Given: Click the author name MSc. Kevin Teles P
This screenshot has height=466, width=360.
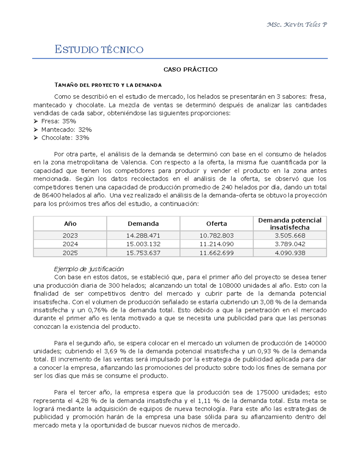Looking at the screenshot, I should tap(296, 25).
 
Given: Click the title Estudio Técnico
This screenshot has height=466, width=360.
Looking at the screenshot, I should tap(99, 50).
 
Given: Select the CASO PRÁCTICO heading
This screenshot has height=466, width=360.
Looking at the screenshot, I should tap(190, 70).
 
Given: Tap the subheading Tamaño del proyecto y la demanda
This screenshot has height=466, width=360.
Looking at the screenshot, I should tap(108, 85).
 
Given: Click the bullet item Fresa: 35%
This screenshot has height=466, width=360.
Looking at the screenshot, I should tap(58, 121).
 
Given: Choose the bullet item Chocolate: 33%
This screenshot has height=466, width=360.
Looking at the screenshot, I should tap(65, 138).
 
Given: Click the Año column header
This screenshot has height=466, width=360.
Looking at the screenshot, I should tap(70, 224).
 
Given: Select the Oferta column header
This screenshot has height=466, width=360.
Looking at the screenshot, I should tap(216, 224).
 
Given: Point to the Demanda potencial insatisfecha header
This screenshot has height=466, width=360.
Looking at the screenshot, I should tap(289, 224).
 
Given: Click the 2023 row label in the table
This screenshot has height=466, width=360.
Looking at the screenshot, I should tap(70, 236).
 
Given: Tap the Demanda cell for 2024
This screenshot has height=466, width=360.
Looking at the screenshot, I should tap(143, 244).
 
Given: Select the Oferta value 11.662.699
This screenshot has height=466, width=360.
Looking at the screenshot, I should tap(216, 253).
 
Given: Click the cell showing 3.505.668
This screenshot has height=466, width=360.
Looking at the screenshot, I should tap(289, 236).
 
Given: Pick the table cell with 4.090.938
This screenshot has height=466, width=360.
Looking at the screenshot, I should tap(289, 253).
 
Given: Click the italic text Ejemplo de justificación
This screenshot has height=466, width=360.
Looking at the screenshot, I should tap(89, 269).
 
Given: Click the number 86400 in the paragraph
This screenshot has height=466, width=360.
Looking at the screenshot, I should tap(51, 195).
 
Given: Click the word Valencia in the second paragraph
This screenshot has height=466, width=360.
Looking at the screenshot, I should tap(134, 162).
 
